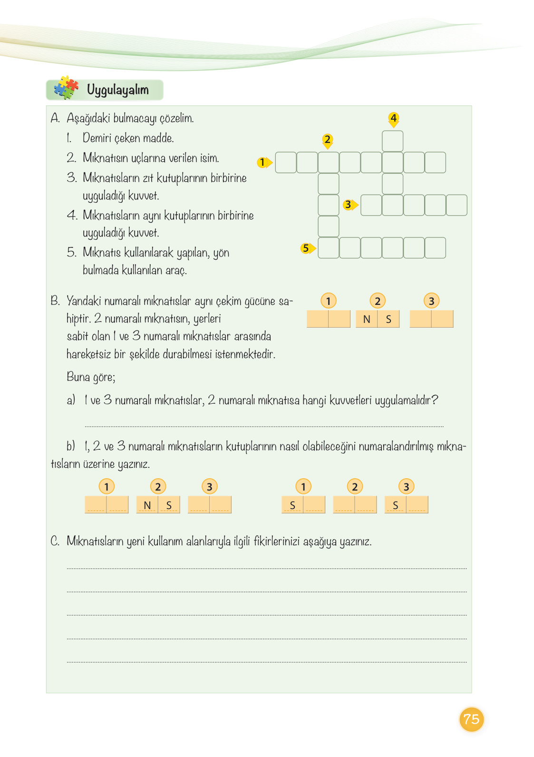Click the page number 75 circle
(x=471, y=719)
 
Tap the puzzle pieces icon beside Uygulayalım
(x=66, y=88)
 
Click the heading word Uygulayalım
(x=117, y=90)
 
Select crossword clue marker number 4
(x=393, y=118)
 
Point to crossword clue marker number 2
(x=327, y=140)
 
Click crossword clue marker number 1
(x=262, y=162)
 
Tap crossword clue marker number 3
(x=349, y=205)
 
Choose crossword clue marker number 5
(x=306, y=248)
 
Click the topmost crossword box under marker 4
(x=393, y=141)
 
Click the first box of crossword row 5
(x=329, y=248)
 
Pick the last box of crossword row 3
(x=456, y=205)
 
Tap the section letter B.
(x=55, y=301)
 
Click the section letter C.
(x=55, y=541)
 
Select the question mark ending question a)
(x=434, y=400)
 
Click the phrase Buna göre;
(x=91, y=377)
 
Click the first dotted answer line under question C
(x=266, y=568)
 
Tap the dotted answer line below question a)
(x=264, y=426)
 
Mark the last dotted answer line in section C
(x=266, y=662)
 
